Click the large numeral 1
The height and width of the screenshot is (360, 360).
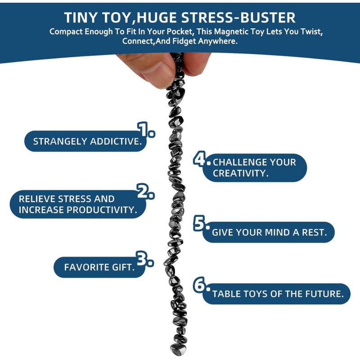click(143, 130)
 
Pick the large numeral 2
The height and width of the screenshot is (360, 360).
click(142, 191)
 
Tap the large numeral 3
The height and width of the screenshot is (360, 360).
click(141, 258)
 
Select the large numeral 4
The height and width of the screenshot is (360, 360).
click(199, 158)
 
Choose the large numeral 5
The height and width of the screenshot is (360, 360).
click(199, 223)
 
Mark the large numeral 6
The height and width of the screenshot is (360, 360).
click(199, 284)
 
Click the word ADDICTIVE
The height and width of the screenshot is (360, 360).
click(116, 141)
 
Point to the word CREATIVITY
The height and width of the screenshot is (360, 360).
click(241, 173)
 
